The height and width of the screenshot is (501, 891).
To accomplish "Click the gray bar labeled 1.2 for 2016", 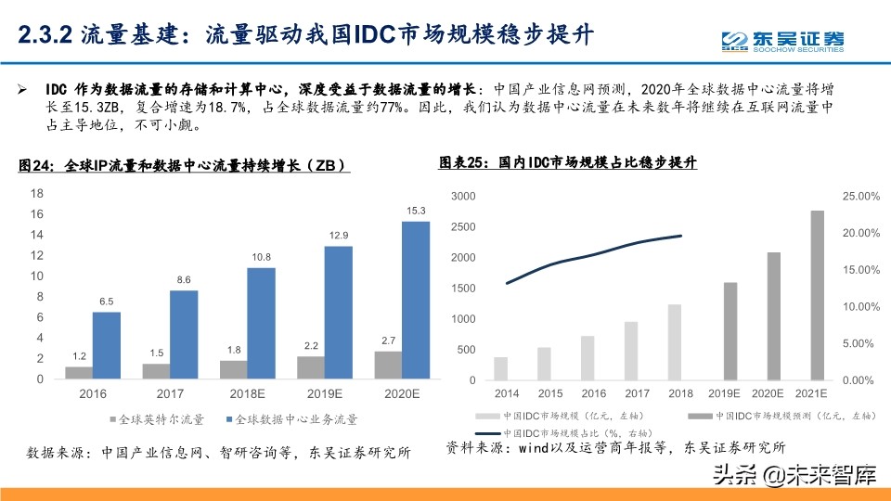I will tap(79, 373).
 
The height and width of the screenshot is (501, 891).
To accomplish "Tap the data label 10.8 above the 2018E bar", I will tap(261, 257).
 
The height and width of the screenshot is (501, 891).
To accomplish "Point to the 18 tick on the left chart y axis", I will tap(38, 194).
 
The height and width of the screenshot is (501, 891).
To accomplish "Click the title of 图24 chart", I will tap(183, 166).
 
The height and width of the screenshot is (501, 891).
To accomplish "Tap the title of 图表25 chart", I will tap(567, 163).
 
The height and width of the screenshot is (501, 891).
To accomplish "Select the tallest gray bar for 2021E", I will tap(817, 295).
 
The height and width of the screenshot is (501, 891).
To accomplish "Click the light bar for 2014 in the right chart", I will tap(501, 368).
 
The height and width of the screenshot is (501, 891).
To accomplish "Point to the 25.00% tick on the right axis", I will tap(859, 197).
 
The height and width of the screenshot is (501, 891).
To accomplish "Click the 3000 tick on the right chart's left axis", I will tap(462, 197).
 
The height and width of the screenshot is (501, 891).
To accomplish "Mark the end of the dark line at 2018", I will tap(682, 236).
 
